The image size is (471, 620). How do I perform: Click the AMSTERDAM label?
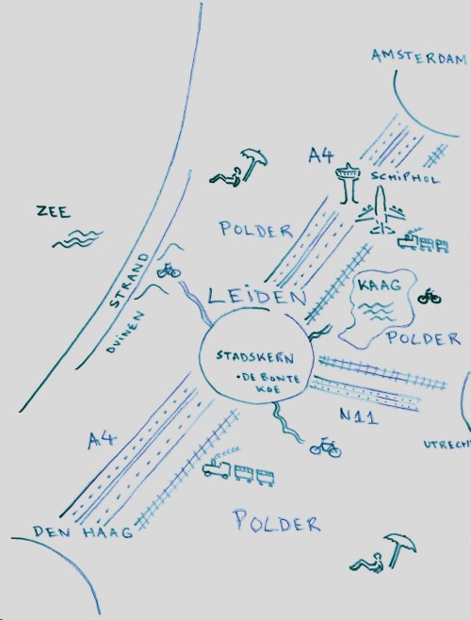pyautogui.click(x=418, y=57)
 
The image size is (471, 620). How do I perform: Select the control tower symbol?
pyautogui.click(x=348, y=184)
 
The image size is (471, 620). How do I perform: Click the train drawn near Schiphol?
pyautogui.click(x=421, y=243)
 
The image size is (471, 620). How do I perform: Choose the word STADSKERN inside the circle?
pyautogui.click(x=255, y=358)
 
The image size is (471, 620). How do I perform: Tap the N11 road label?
pyautogui.click(x=359, y=416)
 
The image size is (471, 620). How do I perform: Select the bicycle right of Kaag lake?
pyautogui.click(x=430, y=297)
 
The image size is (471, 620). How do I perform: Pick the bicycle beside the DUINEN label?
pyautogui.click(x=169, y=271)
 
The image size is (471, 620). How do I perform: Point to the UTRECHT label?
pyautogui.click(x=447, y=441)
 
